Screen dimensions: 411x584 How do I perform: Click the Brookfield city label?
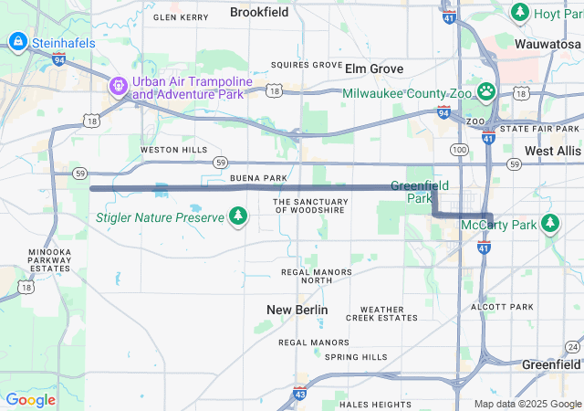(x=259, y=13)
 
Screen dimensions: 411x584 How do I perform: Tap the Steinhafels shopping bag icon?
(x=17, y=42)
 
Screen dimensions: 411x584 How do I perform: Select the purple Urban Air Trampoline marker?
(x=119, y=88)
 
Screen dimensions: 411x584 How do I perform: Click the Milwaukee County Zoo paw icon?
(x=487, y=92)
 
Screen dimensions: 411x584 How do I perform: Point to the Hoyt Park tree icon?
(x=520, y=13)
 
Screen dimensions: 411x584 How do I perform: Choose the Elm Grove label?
(x=374, y=68)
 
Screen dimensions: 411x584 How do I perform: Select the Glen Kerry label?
(x=181, y=17)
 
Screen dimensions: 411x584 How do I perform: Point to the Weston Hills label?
(x=173, y=150)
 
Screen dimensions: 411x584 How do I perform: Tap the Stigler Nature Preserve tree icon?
(x=238, y=216)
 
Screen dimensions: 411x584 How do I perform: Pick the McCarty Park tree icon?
(x=549, y=223)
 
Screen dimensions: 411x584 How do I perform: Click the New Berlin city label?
(x=297, y=311)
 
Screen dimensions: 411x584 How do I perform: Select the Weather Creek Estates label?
(x=381, y=314)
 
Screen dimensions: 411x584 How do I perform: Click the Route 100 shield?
(x=460, y=148)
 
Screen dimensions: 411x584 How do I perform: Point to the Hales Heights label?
(x=375, y=404)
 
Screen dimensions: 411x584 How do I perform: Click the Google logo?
(x=30, y=399)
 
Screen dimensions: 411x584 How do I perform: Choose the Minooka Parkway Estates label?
(x=49, y=260)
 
